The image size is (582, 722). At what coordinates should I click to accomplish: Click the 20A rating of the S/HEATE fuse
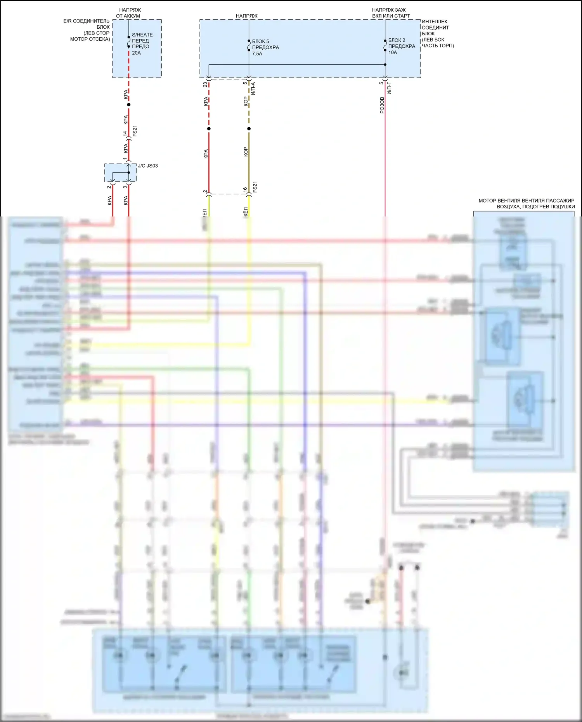point(136,53)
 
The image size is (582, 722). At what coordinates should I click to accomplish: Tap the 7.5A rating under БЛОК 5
point(257,54)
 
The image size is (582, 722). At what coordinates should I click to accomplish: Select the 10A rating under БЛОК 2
point(393,52)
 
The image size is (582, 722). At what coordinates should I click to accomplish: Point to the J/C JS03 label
point(148,166)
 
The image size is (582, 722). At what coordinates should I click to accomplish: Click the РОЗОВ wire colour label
point(382,105)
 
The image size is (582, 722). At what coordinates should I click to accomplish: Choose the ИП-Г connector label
point(390,88)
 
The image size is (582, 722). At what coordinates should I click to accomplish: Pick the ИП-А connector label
point(253,88)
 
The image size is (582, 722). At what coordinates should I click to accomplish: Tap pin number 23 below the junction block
point(205,84)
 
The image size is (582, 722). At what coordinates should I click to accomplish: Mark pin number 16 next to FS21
point(245,189)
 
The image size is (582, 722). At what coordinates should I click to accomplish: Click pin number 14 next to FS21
point(125,133)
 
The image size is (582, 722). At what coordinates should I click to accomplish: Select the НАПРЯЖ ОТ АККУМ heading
point(129,13)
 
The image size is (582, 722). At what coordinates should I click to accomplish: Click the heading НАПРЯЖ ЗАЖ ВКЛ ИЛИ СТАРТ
point(390,13)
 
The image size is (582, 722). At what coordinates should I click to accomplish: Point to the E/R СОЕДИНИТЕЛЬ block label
point(87,30)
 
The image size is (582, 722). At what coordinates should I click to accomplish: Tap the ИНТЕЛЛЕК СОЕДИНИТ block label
point(437,33)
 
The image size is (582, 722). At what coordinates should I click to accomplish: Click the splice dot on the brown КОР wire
point(249,129)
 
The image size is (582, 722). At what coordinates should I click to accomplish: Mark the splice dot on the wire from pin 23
point(209,129)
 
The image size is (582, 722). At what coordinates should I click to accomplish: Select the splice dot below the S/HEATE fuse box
point(129,105)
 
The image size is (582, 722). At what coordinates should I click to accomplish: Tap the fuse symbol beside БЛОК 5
point(249,45)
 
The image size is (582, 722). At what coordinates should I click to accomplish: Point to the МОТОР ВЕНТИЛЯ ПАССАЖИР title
point(527,203)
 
